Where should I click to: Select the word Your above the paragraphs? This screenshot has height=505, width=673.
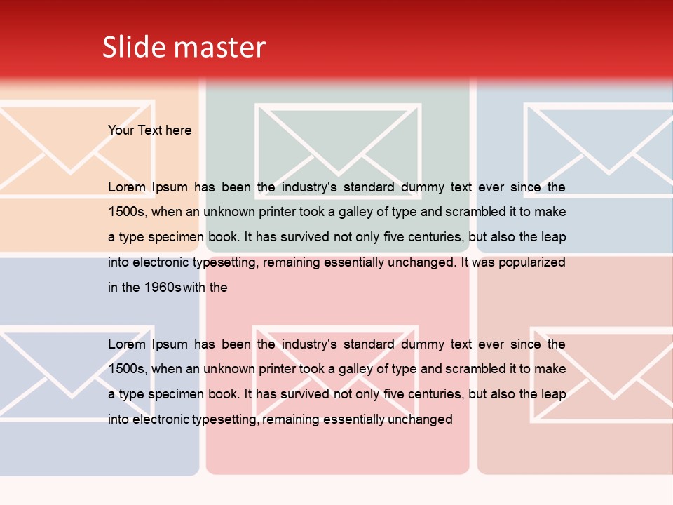(x=121, y=130)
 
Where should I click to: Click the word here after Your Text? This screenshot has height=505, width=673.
(x=178, y=130)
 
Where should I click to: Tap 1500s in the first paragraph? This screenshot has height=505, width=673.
(x=127, y=212)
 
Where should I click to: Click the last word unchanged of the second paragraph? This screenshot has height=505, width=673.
(x=419, y=420)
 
